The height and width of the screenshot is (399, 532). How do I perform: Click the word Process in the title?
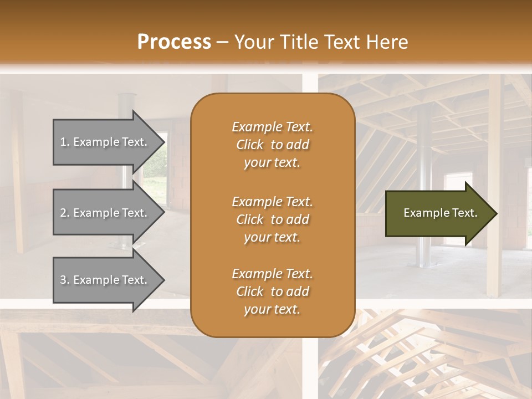[x=174, y=42]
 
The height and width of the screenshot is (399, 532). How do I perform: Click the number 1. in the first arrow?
[x=65, y=142]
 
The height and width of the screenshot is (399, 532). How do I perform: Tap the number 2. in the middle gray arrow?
[x=65, y=213]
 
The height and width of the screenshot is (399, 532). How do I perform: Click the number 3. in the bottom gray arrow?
[x=65, y=280]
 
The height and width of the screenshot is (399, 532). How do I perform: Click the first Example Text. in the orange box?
[x=272, y=127]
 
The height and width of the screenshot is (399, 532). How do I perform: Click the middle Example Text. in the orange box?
[x=272, y=202]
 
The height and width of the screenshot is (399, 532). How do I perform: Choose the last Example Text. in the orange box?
[x=272, y=274]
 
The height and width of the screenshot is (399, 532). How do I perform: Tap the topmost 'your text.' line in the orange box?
[x=272, y=163]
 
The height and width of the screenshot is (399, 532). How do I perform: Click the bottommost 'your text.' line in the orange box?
[x=272, y=310]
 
